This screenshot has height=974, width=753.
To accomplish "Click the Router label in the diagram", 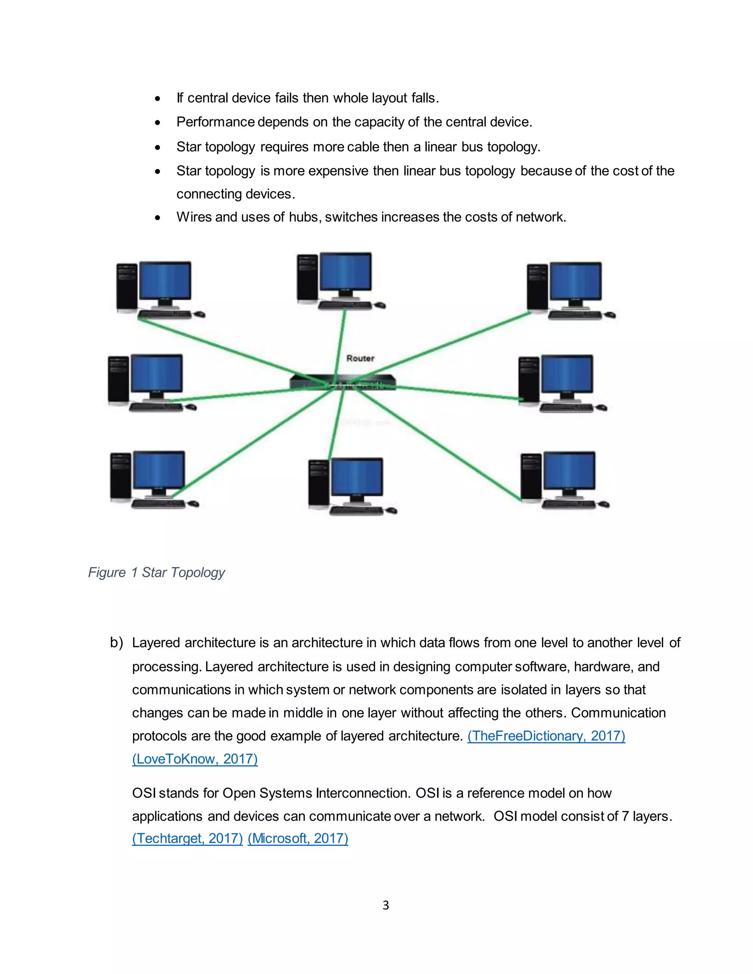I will (360, 358).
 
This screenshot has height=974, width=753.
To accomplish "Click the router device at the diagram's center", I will (343, 383).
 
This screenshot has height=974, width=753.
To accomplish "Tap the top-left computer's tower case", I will (127, 287).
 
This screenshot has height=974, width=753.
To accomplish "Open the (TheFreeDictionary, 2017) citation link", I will (546, 735).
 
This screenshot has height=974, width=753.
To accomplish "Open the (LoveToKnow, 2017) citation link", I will (195, 759).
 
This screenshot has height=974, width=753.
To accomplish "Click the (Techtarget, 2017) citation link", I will (188, 838).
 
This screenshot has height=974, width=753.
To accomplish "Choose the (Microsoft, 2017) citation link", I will (297, 838).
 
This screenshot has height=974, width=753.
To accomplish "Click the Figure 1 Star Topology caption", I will (157, 572).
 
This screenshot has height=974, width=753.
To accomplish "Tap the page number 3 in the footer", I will (386, 905).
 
